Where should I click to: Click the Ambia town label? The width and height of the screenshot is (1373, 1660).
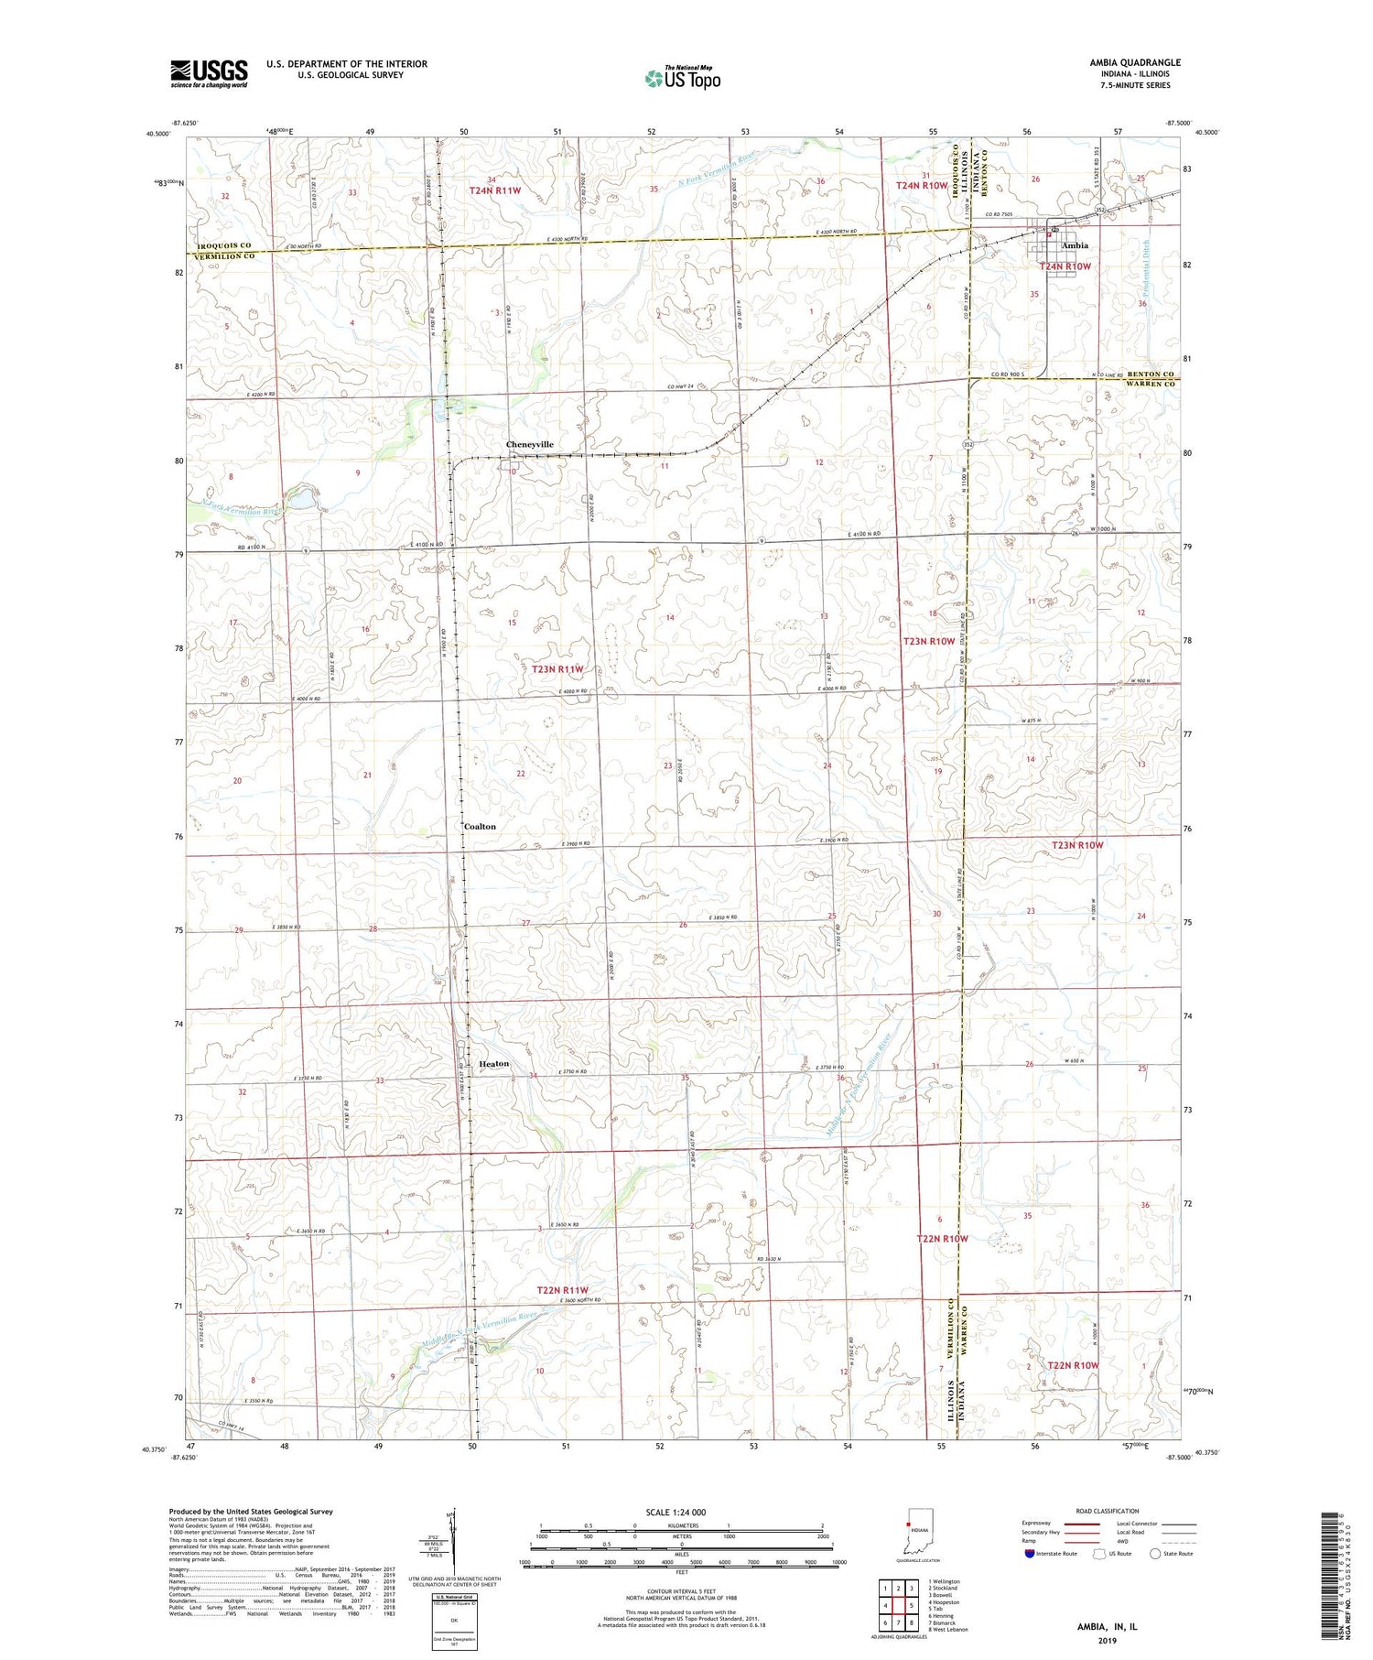(x=1075, y=245)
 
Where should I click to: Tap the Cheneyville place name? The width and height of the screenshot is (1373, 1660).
(x=530, y=444)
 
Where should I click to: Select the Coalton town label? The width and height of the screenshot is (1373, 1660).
(x=480, y=826)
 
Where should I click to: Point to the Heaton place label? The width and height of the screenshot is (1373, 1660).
(x=493, y=1063)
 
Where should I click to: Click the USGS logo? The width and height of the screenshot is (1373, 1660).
(x=209, y=73)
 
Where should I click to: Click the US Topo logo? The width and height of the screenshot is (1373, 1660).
(x=682, y=78)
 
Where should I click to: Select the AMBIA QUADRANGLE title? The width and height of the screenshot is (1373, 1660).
(x=1134, y=62)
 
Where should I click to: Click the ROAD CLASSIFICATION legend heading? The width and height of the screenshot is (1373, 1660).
(x=1108, y=1511)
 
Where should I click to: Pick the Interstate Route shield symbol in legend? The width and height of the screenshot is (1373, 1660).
(x=1030, y=1554)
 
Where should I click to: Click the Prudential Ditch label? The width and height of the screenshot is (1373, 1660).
(x=1144, y=266)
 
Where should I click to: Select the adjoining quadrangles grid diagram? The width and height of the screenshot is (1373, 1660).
(x=898, y=1604)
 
